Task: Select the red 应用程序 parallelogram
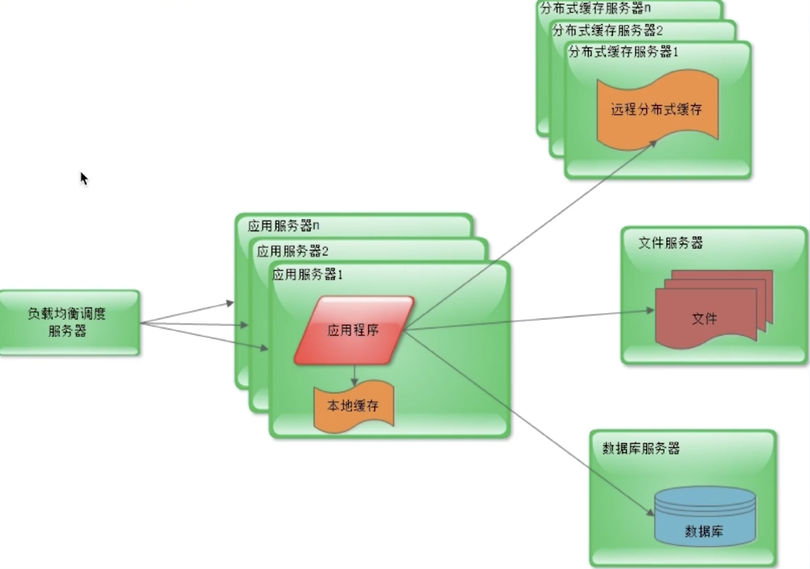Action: pyautogui.click(x=353, y=330)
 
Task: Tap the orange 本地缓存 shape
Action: pyautogui.click(x=353, y=406)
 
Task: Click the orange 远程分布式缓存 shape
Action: pyautogui.click(x=657, y=109)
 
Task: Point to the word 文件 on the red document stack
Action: pyautogui.click(x=704, y=318)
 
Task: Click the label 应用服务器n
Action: pyautogui.click(x=283, y=226)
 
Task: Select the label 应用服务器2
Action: pyautogui.click(x=292, y=251)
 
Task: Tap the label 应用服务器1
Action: pyautogui.click(x=307, y=274)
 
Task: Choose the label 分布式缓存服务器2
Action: pyautogui.click(x=607, y=30)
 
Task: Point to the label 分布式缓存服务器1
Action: pyautogui.click(x=623, y=52)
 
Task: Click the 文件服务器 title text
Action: pyautogui.click(x=670, y=242)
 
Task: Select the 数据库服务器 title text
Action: pyautogui.click(x=641, y=448)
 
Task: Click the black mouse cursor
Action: pyautogui.click(x=83, y=178)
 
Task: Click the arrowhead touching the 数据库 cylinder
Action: pyautogui.click(x=650, y=513)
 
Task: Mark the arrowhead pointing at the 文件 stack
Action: pyautogui.click(x=650, y=310)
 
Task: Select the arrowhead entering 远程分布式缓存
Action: pyautogui.click(x=652, y=143)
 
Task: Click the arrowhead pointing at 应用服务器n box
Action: pyautogui.click(x=230, y=303)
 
